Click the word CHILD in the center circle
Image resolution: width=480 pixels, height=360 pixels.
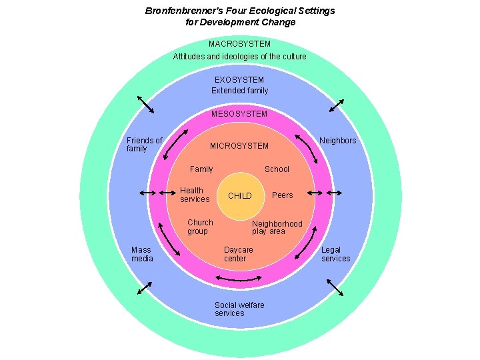(x=240, y=196)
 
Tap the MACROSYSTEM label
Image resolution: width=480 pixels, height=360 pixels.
(x=239, y=44)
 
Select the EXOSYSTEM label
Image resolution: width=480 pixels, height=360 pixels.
(x=239, y=80)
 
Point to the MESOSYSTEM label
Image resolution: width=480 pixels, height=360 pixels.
(x=239, y=114)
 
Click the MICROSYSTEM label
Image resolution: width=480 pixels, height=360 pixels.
(x=239, y=146)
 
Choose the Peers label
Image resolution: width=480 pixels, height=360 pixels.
(x=282, y=195)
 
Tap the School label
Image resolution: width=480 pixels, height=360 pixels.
(x=277, y=169)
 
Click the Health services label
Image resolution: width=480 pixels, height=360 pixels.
(x=195, y=195)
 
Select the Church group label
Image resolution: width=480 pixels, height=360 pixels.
(x=200, y=227)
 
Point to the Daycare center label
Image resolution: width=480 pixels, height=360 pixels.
(x=238, y=254)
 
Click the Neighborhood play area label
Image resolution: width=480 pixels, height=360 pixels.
(x=277, y=227)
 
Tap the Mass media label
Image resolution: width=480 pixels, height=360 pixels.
(x=142, y=254)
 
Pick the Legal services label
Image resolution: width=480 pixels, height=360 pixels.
(x=335, y=254)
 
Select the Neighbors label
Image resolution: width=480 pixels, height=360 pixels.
(x=337, y=141)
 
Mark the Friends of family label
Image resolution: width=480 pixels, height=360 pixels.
(x=144, y=144)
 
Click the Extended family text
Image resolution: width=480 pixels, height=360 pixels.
(x=239, y=91)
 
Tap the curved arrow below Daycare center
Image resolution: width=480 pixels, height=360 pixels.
(x=239, y=277)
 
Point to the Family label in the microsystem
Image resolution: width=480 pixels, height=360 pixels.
(x=201, y=169)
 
